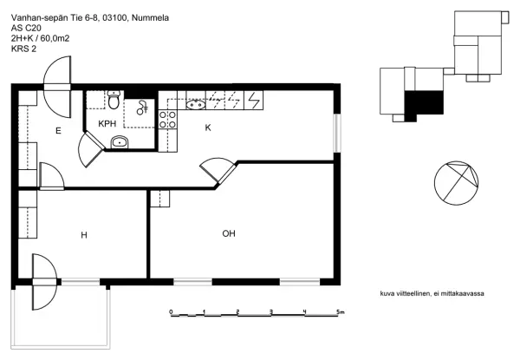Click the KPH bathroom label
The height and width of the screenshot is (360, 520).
[107, 124]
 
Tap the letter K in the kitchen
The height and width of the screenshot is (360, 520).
[208, 128]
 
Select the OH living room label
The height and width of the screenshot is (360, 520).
[229, 233]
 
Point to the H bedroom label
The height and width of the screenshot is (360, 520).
[84, 235]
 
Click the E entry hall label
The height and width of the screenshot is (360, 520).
[58, 131]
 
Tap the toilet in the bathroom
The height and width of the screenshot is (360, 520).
[114, 100]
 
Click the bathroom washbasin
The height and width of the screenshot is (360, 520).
[120, 142]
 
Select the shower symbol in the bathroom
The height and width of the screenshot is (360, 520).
[143, 108]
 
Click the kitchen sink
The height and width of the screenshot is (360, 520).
[196, 105]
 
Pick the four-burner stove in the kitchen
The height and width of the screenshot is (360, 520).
[168, 120]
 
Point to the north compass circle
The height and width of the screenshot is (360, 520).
[457, 183]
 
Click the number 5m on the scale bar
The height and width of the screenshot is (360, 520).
[341, 312]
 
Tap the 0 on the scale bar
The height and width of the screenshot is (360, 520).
[171, 312]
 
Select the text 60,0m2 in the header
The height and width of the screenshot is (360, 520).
[55, 38]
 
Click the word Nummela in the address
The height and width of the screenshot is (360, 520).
[150, 18]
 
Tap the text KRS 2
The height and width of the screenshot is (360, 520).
[24, 49]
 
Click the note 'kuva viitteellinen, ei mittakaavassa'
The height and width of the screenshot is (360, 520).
[432, 294]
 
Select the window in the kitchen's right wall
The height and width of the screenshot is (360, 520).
[337, 133]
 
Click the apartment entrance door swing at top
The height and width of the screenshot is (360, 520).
[57, 87]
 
